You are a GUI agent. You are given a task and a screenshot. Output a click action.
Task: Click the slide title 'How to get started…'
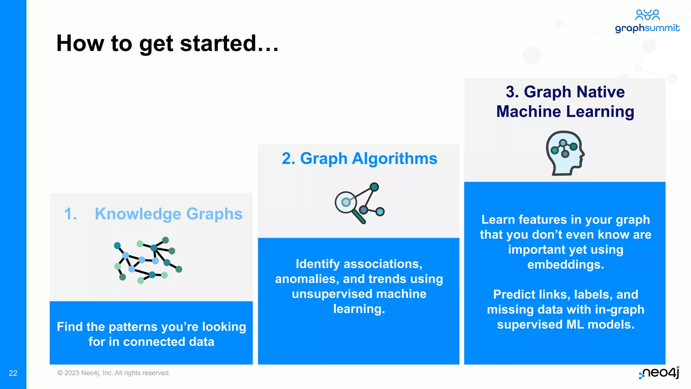pos(167,44)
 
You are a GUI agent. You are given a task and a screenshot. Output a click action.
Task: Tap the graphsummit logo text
pos(647,28)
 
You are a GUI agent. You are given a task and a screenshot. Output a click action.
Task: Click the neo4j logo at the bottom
pos(659,372)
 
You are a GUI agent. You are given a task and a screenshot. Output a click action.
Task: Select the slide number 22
pos(13,373)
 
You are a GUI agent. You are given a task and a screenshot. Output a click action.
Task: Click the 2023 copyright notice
pos(114,373)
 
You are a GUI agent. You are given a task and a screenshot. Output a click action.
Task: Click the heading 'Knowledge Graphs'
pos(168,214)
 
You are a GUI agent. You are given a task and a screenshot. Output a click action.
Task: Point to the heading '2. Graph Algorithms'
pos(359,158)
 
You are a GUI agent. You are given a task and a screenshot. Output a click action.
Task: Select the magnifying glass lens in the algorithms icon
pos(346,202)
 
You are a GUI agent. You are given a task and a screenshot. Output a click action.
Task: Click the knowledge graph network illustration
pos(148,260)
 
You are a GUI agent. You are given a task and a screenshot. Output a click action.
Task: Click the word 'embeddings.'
pos(565,264)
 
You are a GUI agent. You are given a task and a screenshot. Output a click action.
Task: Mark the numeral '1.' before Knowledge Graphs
pos(71,214)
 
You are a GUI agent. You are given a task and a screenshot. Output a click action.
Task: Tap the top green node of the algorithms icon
pos(374,187)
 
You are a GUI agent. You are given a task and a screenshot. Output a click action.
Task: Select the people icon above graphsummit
pos(647,15)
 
